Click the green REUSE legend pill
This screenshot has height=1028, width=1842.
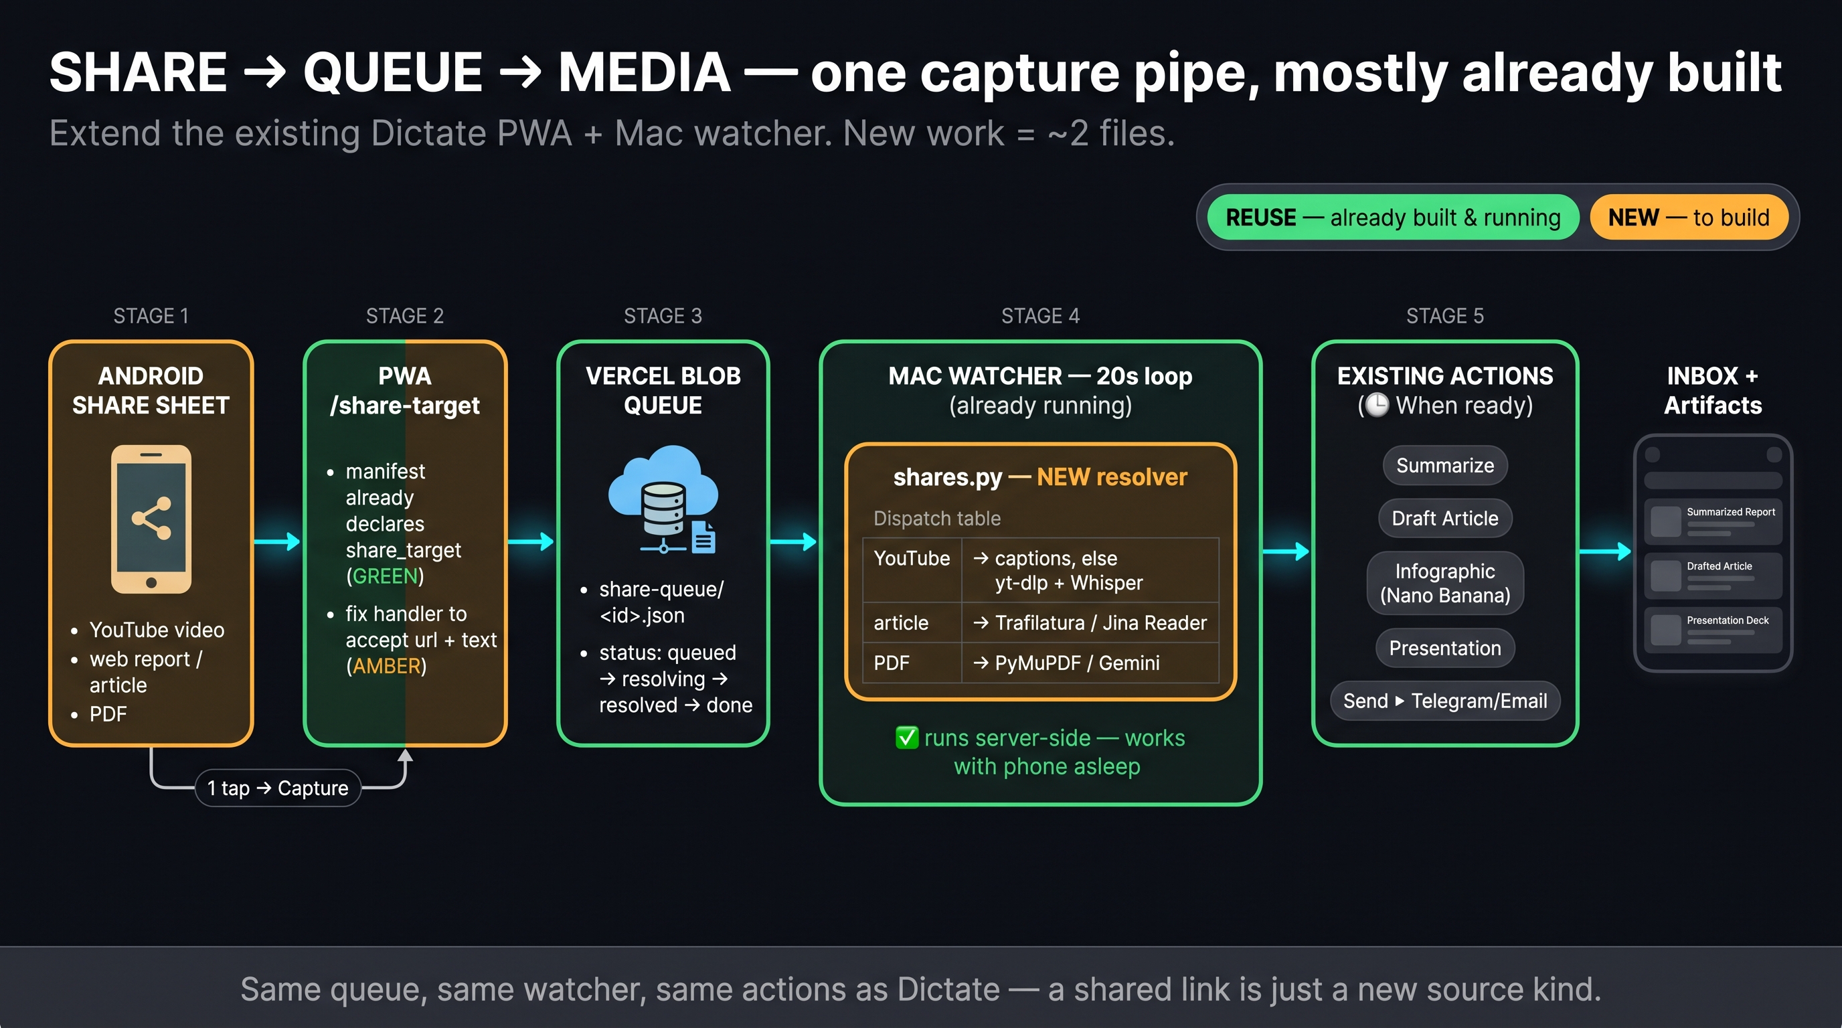point(1392,218)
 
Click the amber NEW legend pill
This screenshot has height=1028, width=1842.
point(1688,218)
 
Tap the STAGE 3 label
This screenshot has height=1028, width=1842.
point(663,316)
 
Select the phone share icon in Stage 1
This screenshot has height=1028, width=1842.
point(151,519)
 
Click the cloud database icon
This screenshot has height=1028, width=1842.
point(663,500)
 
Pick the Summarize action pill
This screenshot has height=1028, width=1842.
point(1445,465)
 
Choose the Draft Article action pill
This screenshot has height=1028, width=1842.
point(1445,518)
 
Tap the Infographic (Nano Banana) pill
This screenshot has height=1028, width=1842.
point(1445,584)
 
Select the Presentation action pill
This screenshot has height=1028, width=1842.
point(1445,649)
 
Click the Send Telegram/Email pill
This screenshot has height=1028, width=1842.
point(1445,701)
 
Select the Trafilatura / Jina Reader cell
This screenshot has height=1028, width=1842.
point(1090,622)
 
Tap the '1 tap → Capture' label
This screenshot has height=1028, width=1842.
point(278,788)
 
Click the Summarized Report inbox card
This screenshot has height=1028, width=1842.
point(1713,522)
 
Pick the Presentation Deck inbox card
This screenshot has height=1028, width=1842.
point(1713,630)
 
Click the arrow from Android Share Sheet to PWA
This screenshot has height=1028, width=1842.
point(278,541)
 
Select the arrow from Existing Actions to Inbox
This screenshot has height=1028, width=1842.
point(1605,551)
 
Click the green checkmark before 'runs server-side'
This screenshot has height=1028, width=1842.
point(907,737)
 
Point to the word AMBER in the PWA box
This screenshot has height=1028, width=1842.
point(386,667)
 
